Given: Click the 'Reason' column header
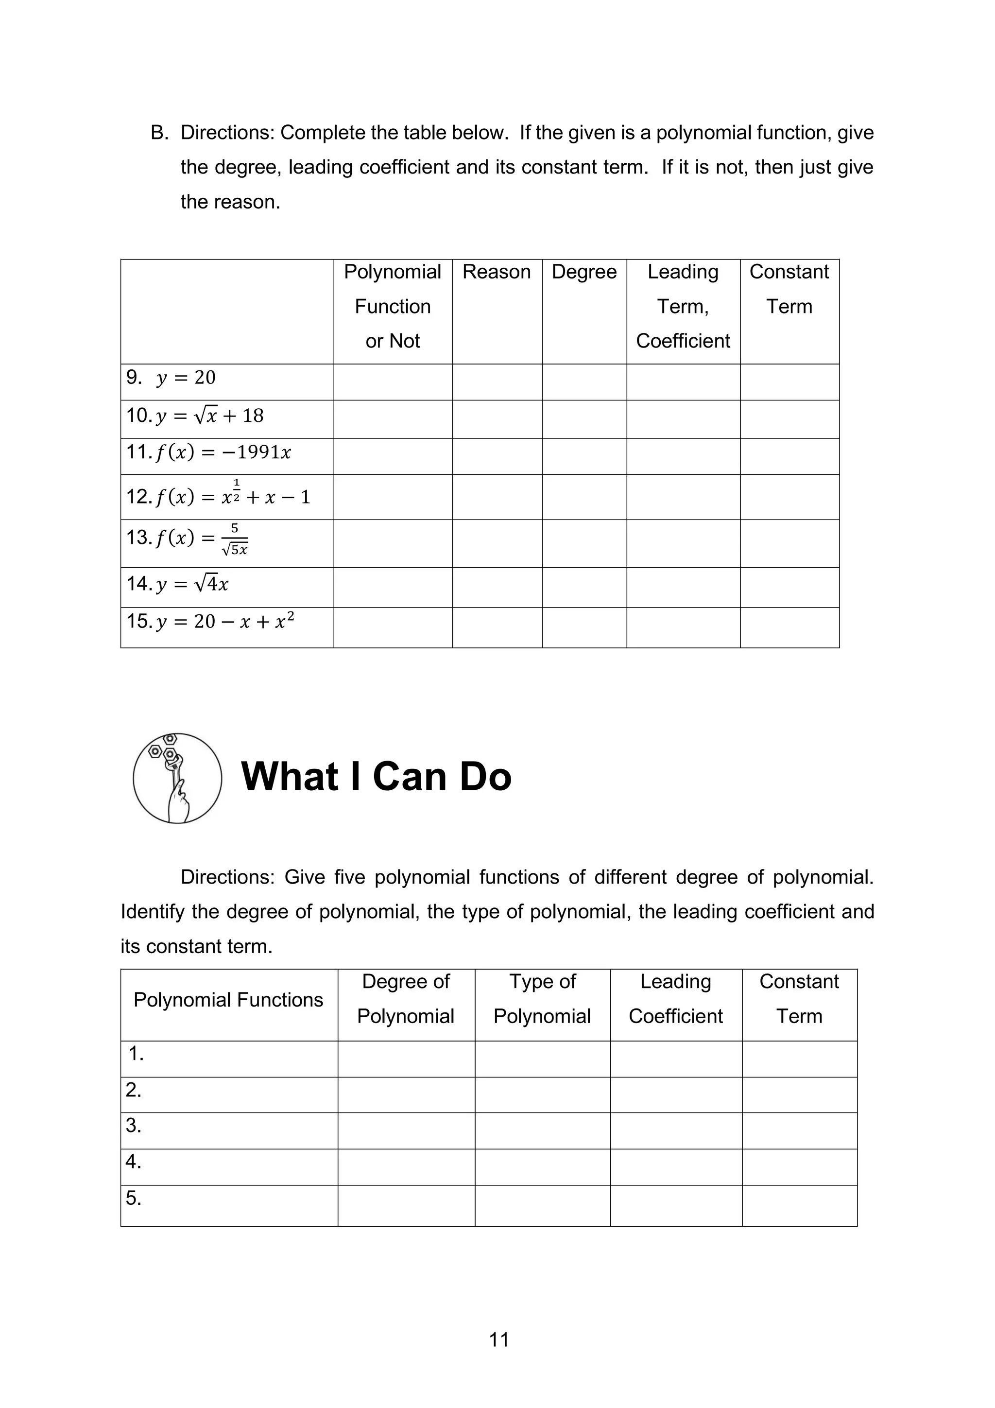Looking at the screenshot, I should [497, 272].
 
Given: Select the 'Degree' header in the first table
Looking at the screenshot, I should [584, 272].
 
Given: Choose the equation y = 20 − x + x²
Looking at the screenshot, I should [225, 622].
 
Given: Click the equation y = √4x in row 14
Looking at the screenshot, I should [192, 584].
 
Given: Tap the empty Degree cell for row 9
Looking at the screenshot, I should [584, 382].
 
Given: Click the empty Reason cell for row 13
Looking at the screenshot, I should [497, 543].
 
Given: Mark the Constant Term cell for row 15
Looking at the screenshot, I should [789, 627].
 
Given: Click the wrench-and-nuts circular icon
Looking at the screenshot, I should [177, 778].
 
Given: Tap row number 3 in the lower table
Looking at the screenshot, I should [134, 1125].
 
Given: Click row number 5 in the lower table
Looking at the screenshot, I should [134, 1198].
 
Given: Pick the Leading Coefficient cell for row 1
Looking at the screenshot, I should [676, 1059].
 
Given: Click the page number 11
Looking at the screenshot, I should [499, 1340].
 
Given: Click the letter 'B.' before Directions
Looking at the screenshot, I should [159, 133].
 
